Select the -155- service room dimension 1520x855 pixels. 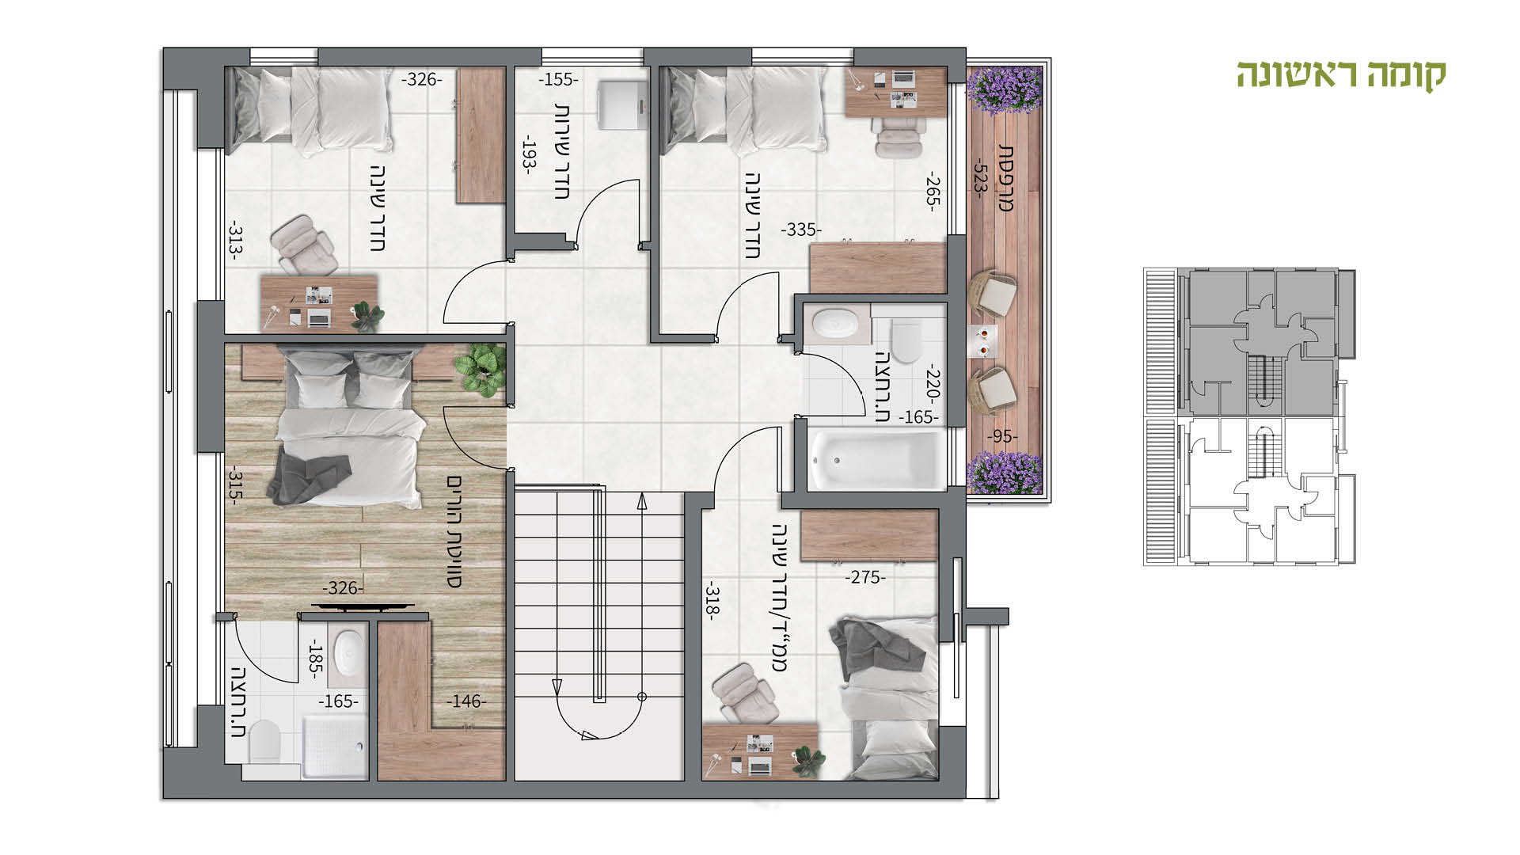pyautogui.click(x=558, y=80)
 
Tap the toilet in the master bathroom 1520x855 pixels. pyautogui.click(x=264, y=745)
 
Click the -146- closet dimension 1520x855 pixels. pyautogui.click(x=466, y=701)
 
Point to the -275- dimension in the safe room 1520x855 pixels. pyautogui.click(x=864, y=578)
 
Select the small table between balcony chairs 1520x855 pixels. pyautogui.click(x=985, y=340)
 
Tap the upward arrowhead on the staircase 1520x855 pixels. pyautogui.click(x=641, y=500)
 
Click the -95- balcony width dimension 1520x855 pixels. pyautogui.click(x=1002, y=437)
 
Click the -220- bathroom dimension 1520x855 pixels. pyautogui.click(x=932, y=386)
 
